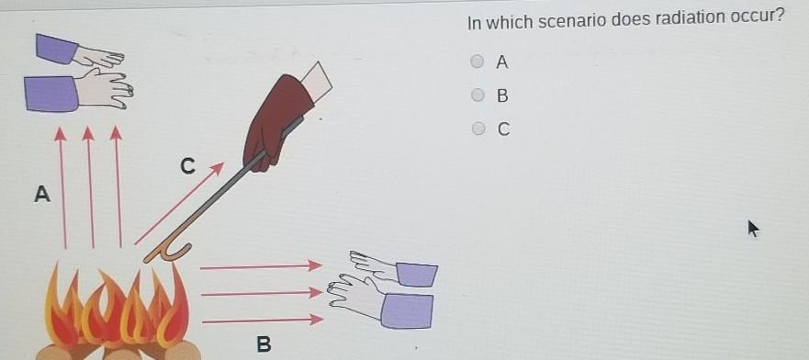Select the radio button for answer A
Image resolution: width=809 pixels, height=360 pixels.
[x=478, y=62]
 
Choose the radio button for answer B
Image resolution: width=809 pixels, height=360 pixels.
[x=478, y=96]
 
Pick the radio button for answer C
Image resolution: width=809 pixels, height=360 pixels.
[x=478, y=129]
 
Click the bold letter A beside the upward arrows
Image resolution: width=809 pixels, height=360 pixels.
[x=42, y=195]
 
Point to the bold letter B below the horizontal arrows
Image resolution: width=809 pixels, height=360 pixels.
[x=264, y=344]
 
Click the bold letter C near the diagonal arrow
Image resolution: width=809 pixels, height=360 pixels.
[x=188, y=166]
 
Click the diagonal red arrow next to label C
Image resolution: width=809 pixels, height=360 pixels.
[x=179, y=204]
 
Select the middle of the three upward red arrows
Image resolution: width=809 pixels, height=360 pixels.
[x=91, y=187]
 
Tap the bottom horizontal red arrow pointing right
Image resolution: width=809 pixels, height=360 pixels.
[x=263, y=321]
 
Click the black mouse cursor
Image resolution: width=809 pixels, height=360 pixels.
[x=753, y=228]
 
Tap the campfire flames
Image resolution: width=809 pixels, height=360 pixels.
[x=118, y=309]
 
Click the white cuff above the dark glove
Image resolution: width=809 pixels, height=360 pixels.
[x=316, y=82]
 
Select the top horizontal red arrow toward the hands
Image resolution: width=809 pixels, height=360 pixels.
[x=261, y=266]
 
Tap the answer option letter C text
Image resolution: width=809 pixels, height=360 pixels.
[x=503, y=129]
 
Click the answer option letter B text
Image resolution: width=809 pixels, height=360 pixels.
[x=502, y=96]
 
